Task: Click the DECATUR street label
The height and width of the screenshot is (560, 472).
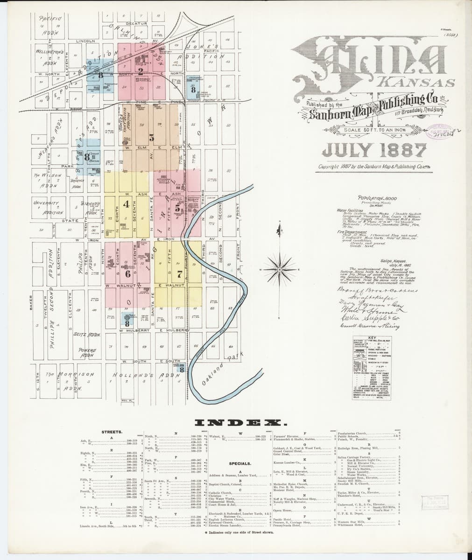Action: coord(136,23)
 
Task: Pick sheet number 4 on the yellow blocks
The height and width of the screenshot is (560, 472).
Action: coord(126,204)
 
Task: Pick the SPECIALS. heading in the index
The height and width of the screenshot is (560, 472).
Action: coord(240,464)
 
